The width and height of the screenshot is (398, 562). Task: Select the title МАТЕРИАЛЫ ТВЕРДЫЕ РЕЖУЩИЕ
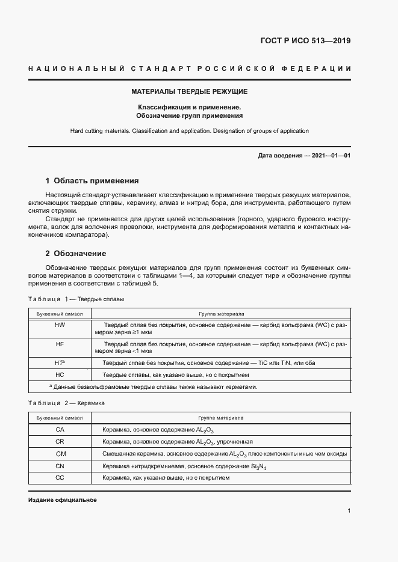(x=190, y=92)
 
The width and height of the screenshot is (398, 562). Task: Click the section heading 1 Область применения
(x=92, y=180)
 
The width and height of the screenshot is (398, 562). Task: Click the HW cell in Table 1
(x=60, y=324)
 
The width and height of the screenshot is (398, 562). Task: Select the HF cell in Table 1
(x=60, y=344)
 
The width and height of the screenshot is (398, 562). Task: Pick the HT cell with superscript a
(x=60, y=362)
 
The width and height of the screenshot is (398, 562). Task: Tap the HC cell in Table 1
(x=60, y=374)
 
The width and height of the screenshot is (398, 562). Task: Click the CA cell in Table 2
(x=60, y=430)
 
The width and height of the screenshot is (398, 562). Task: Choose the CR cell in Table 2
(x=60, y=441)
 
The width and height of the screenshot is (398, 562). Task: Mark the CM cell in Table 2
(x=60, y=454)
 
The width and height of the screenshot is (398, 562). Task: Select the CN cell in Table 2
(x=60, y=466)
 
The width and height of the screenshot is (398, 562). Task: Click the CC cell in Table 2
(x=60, y=477)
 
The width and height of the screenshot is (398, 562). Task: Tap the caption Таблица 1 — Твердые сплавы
(x=76, y=299)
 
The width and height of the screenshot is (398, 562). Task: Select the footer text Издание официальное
(x=62, y=500)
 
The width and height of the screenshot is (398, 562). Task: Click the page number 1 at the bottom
(x=349, y=511)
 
